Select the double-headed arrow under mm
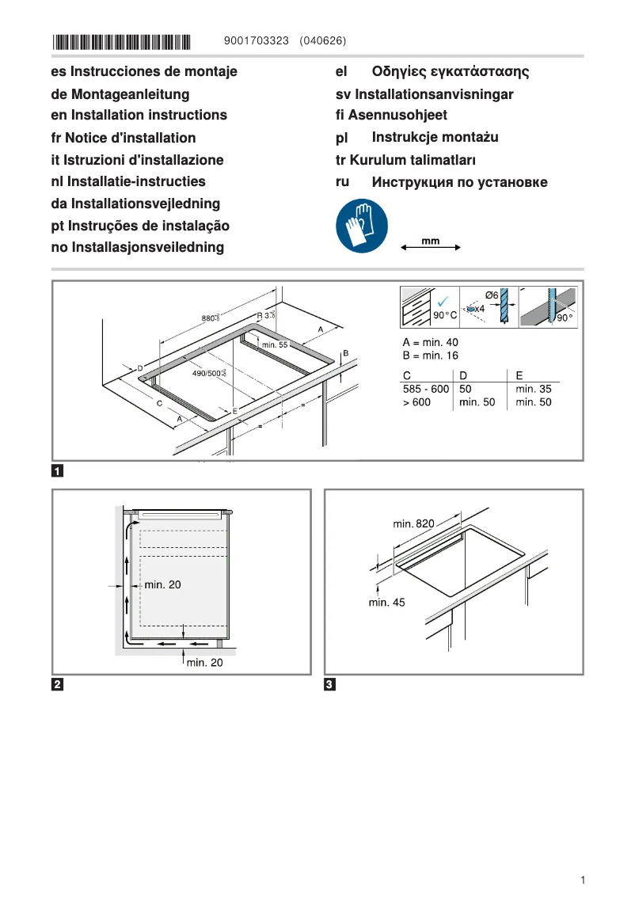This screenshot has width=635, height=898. [x=431, y=249]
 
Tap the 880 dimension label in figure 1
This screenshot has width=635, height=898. [x=210, y=318]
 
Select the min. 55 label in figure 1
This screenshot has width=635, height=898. [x=274, y=344]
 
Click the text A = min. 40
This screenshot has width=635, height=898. [x=431, y=342]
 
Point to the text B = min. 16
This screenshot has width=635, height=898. [x=431, y=356]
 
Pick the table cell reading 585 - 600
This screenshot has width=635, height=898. [x=426, y=389]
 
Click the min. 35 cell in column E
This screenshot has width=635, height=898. [x=533, y=389]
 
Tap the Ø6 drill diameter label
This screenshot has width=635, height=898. [x=491, y=295]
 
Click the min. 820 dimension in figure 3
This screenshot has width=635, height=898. [x=413, y=524]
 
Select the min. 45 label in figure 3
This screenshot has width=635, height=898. [x=386, y=603]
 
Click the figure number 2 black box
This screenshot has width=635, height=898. [x=58, y=684]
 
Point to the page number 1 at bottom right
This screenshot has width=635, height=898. [x=582, y=880]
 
